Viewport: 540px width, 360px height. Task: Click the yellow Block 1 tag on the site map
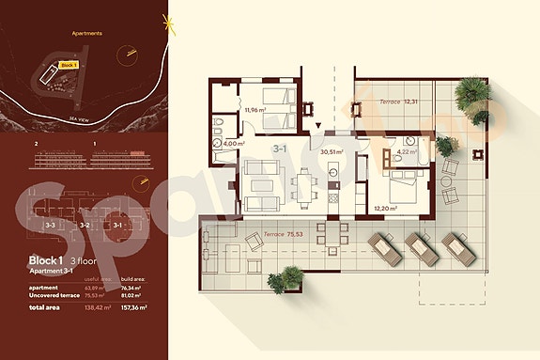(67, 65)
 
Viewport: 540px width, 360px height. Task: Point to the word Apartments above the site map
(86, 33)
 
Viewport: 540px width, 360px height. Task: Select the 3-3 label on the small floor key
(52, 226)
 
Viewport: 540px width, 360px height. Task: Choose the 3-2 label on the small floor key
(84, 226)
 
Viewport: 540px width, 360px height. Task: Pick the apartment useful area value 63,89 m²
(98, 286)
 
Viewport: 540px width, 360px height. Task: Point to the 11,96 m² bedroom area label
(255, 111)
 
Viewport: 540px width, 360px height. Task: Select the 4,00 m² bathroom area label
(234, 144)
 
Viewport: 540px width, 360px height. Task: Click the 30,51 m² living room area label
(332, 150)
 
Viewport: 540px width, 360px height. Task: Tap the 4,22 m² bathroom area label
(406, 150)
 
